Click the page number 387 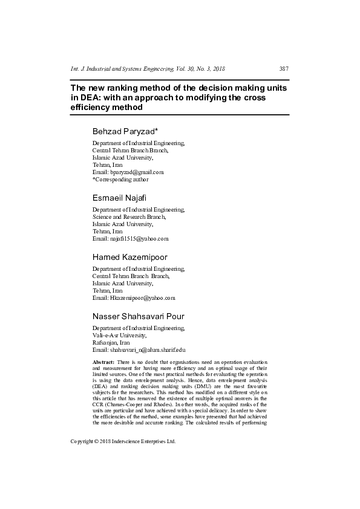(x=283, y=69)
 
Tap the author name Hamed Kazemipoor (x=129, y=257)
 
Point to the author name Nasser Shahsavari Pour (x=139, y=316)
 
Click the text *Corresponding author (x=120, y=179)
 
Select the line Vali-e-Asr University (x=119, y=335)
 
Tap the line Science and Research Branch (x=129, y=216)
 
